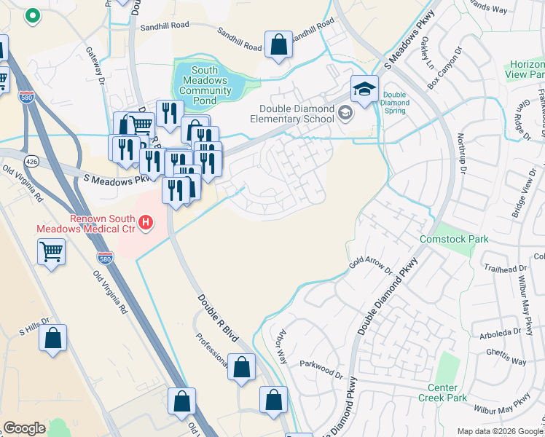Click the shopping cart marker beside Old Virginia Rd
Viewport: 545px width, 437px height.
coord(51,252)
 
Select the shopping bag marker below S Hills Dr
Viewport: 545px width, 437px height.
coord(52,338)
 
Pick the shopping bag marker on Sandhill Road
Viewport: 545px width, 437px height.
coord(278,45)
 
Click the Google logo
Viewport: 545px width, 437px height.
coord(24,428)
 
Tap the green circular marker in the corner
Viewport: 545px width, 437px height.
coord(31,14)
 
